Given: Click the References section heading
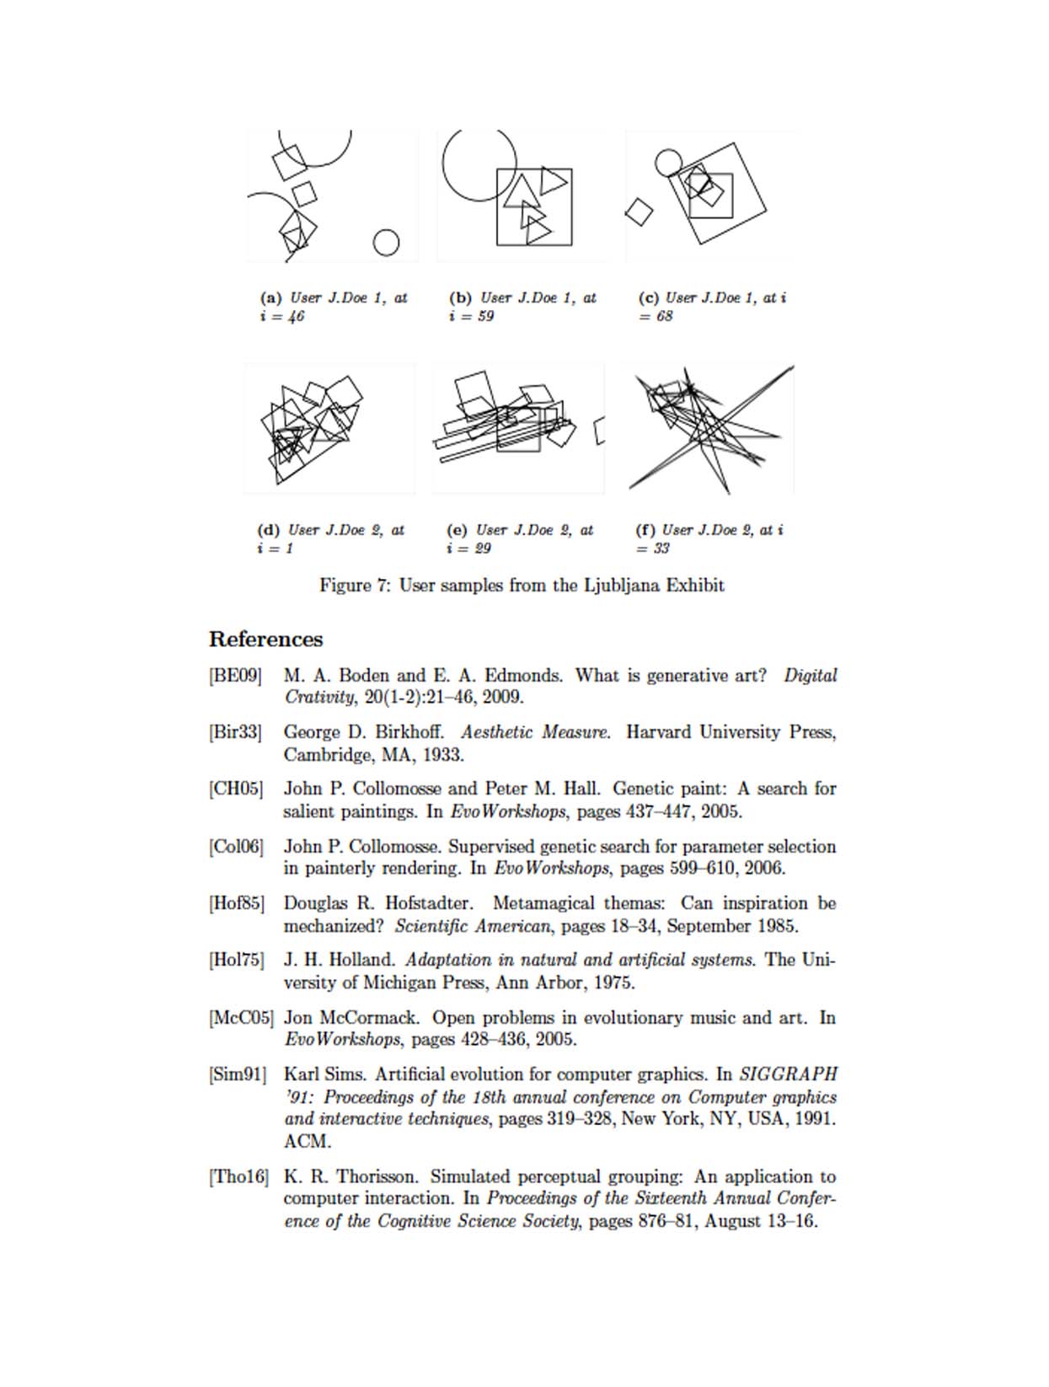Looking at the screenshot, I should pyautogui.click(x=265, y=640).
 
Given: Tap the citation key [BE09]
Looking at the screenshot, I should pyautogui.click(x=235, y=676).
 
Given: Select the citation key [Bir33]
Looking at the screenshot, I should pyautogui.click(x=235, y=732).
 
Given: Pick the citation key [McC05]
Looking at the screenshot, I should pyautogui.click(x=241, y=1018).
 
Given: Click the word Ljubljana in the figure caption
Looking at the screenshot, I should pyautogui.click(x=622, y=586).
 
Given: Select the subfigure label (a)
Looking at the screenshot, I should pyautogui.click(x=270, y=297).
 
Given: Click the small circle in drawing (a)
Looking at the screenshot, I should pyautogui.click(x=386, y=243).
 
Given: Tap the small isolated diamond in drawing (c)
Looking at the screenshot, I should pyautogui.click(x=639, y=212).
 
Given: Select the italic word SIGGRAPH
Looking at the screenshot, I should pyautogui.click(x=788, y=1074).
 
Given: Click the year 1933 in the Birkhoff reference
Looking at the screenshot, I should pyautogui.click(x=442, y=755).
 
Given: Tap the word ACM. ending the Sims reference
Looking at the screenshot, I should pyautogui.click(x=308, y=1142).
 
